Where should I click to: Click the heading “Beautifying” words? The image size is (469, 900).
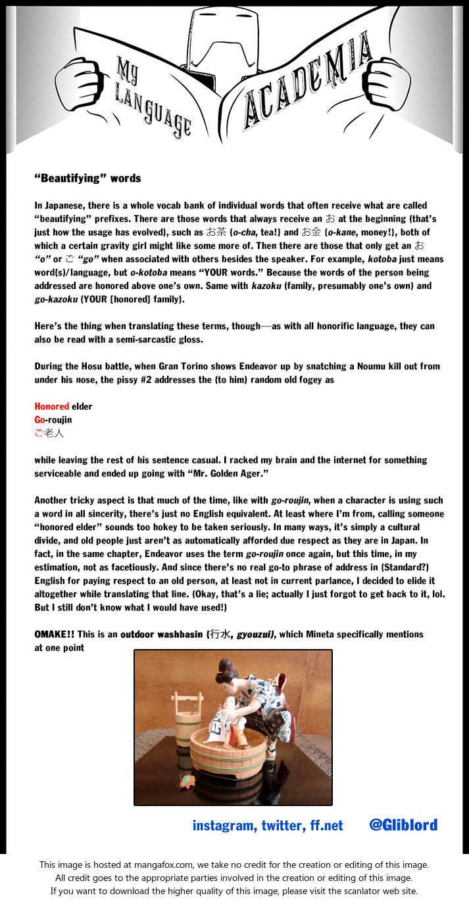click(x=87, y=178)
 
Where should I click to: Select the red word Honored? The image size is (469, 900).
click(x=51, y=407)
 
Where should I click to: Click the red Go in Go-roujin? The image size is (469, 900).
click(x=39, y=420)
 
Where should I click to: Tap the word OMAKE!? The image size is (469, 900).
click(x=55, y=635)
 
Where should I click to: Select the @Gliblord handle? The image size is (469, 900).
click(x=403, y=824)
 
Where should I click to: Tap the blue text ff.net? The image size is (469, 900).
click(x=326, y=826)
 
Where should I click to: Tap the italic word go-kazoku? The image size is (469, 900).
click(x=57, y=299)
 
